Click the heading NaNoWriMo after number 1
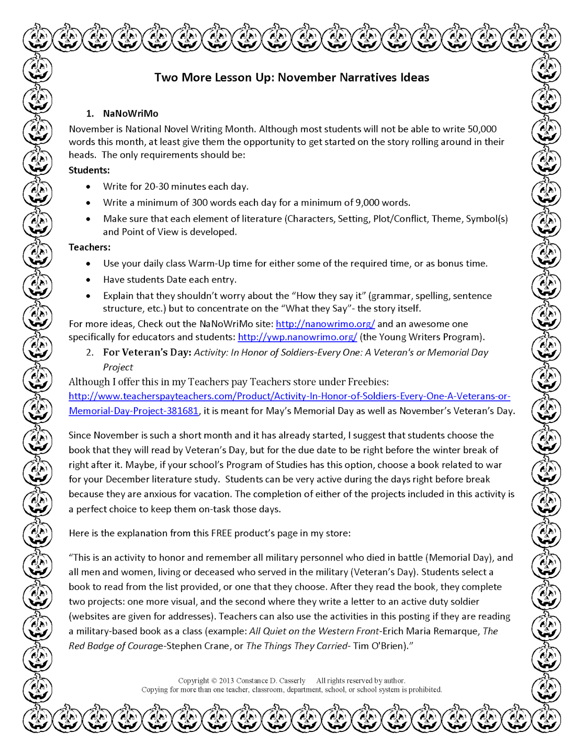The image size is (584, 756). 131,113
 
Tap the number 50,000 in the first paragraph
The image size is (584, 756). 482,129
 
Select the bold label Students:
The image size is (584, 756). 89,170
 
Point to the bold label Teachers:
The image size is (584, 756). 90,247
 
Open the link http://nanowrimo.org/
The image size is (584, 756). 325,324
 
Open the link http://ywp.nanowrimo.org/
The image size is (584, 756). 297,337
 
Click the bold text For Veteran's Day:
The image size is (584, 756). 147,352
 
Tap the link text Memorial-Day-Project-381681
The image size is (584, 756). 134,411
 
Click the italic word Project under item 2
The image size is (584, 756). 118,367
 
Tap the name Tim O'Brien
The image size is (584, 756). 378,645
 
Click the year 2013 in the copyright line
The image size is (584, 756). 226,680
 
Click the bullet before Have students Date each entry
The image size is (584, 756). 88,280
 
